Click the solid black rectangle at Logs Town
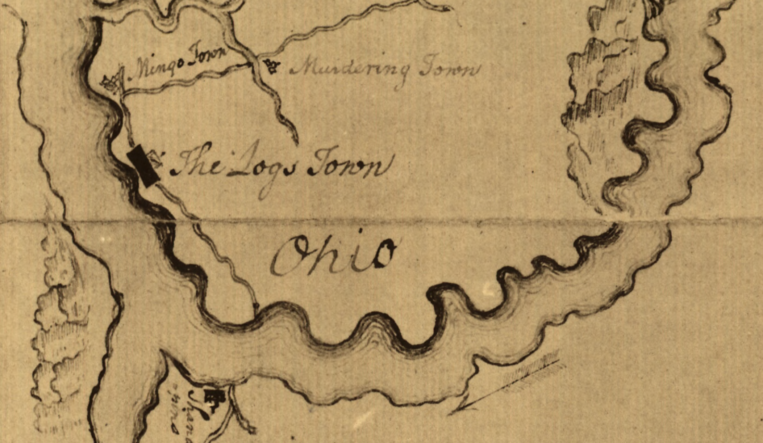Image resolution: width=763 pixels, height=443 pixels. pyautogui.click(x=143, y=166)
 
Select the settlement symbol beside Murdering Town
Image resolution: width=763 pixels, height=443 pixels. pyautogui.click(x=271, y=66)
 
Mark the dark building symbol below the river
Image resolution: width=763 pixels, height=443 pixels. pyautogui.click(x=214, y=397)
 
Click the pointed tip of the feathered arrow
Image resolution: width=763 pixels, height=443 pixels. pyautogui.click(x=451, y=413)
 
